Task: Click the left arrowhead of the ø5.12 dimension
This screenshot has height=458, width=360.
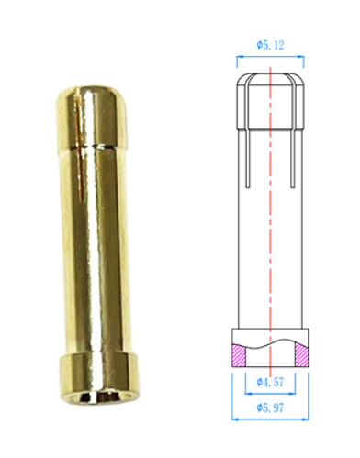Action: pyautogui.click(x=241, y=58)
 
